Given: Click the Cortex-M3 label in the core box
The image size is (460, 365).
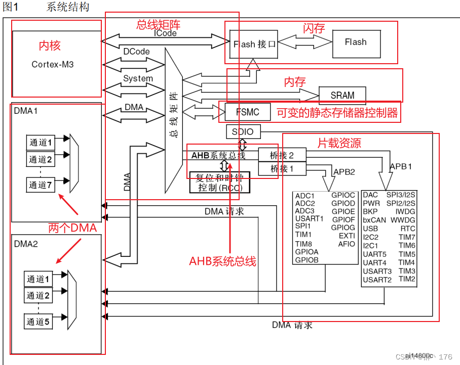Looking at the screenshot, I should point(53,65).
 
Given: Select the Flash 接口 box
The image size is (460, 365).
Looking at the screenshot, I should point(254,44).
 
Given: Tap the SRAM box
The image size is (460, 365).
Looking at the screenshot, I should point(342,95).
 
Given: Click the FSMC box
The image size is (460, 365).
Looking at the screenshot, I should point(247,112).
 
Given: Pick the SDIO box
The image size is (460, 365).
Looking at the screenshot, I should point(243,132).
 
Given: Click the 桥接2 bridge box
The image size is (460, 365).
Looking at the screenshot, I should point(282,155).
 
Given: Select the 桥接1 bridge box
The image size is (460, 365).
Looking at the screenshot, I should point(282,168).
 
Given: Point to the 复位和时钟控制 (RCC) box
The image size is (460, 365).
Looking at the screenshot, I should point(219,182).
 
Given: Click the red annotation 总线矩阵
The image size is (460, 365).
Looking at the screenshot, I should point(158,25).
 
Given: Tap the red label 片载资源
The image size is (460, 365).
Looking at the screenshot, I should point(339,143).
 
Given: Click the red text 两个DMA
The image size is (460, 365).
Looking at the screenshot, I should point(72,228).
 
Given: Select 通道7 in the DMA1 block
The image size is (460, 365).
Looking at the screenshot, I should point(40,185).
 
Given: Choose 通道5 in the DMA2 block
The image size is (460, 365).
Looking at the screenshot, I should point(39,321).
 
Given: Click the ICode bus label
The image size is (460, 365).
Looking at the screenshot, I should point(165,33).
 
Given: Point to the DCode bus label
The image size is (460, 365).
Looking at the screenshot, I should point(136,52).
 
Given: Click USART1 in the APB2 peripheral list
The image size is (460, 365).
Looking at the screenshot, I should point(309,219).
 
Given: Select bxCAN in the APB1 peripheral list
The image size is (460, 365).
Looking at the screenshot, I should point(374,220).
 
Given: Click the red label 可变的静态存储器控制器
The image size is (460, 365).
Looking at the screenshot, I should point(337,113).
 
